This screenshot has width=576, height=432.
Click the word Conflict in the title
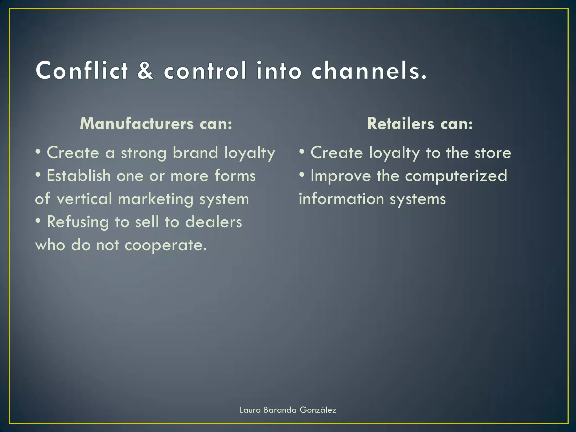(x=82, y=70)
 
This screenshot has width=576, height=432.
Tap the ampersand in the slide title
(x=145, y=70)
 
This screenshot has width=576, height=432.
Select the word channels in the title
(x=369, y=70)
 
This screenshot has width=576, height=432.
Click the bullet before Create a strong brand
(x=38, y=152)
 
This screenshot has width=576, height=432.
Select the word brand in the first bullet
(x=195, y=153)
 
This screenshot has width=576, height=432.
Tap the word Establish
(x=79, y=176)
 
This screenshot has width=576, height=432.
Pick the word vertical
(x=84, y=199)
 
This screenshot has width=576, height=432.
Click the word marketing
(x=156, y=199)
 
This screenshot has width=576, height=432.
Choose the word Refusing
(x=78, y=222)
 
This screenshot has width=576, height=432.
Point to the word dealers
(x=213, y=222)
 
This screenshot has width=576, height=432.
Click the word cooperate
(x=165, y=246)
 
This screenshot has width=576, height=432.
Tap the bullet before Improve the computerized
(x=302, y=175)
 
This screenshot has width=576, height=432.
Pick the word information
(x=341, y=199)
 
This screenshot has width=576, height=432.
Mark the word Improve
(x=341, y=176)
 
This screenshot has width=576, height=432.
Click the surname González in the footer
(x=318, y=410)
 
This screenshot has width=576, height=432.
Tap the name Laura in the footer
(x=250, y=410)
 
